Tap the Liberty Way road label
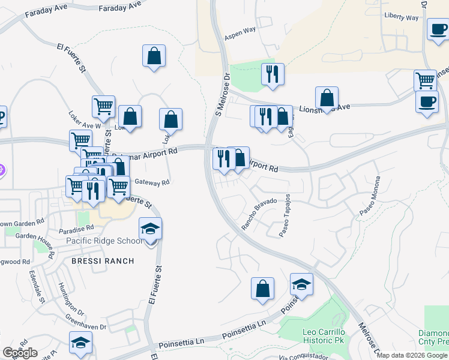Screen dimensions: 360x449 tap(402, 17)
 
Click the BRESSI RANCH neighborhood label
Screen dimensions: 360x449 tap(102, 261)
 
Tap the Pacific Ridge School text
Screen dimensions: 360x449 tap(104, 241)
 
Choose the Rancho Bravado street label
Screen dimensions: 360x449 tap(259, 214)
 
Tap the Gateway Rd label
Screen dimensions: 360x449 tap(152, 182)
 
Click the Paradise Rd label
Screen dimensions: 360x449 tap(76, 229)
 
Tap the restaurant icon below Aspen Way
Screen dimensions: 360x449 tap(273, 74)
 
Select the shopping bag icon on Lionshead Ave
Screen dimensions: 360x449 tap(327, 98)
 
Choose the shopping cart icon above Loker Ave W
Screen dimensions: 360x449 tap(103, 107)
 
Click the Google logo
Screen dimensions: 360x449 tap(20, 353)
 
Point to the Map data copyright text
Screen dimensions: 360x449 tap(412, 355)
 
